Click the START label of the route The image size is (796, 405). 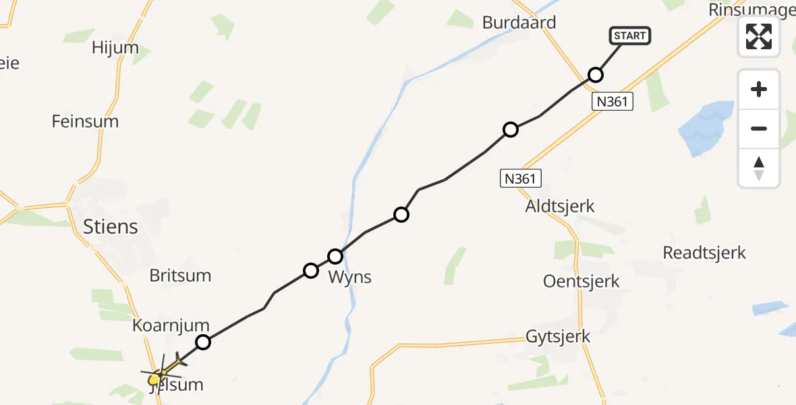point(630,36)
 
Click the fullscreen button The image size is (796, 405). point(759,36)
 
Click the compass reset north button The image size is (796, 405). point(759,168)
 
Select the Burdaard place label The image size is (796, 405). point(519,22)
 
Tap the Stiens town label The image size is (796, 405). point(111,226)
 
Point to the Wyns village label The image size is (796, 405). point(349,277)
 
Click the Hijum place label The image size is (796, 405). point(115,47)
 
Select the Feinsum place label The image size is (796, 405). point(85,122)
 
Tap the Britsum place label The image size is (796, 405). point(180,275)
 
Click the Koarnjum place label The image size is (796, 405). point(171,325)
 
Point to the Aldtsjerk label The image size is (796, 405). point(560,206)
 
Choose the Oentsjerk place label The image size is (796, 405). point(581,281)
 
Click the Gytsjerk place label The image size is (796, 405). point(558,336)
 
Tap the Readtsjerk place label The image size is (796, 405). point(704,252)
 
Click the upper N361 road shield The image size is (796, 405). point(613,102)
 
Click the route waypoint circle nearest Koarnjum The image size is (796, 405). point(203,342)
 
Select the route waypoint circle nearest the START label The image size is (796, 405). point(595,75)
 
